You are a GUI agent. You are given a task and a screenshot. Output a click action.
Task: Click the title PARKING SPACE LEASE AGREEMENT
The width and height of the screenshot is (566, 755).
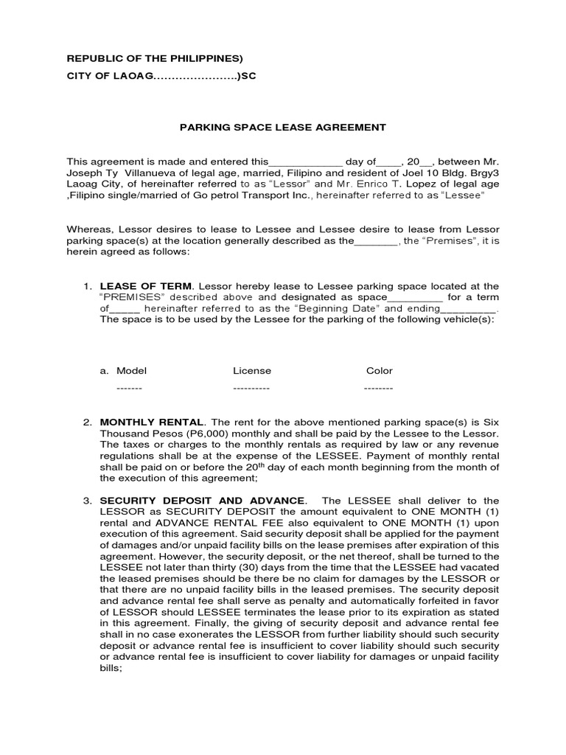click(283, 128)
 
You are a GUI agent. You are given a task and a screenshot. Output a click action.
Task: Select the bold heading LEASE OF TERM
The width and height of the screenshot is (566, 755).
click(146, 286)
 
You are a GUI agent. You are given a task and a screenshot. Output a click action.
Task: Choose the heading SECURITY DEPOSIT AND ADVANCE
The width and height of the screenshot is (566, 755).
click(202, 501)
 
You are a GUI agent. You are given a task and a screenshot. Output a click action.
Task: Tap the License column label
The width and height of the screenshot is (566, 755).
click(252, 371)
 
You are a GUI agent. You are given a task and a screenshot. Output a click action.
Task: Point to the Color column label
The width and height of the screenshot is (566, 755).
click(380, 371)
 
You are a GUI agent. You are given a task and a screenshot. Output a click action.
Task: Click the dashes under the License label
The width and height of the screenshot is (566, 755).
click(251, 388)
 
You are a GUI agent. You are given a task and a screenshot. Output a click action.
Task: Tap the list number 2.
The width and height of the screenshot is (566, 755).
click(86, 422)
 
